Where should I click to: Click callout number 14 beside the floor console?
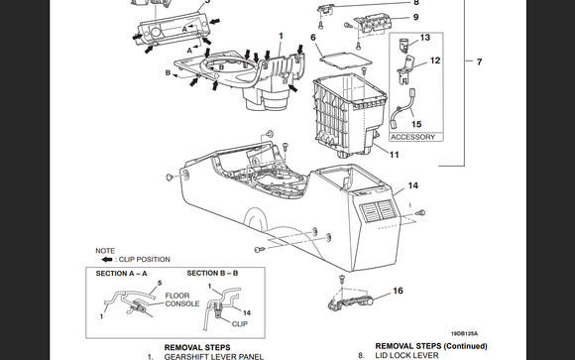point(413,185)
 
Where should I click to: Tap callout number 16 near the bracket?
point(398,291)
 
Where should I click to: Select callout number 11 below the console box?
point(394,155)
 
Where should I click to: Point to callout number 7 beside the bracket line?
point(479,62)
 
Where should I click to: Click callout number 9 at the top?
point(415,17)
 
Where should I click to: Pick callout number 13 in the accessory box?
point(425,38)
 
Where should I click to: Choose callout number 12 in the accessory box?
point(435,60)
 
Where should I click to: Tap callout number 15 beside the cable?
point(416,124)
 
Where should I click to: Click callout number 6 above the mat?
point(313,38)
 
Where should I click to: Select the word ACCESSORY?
point(412,137)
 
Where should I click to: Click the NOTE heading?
point(105,251)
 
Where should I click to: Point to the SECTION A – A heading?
point(121,274)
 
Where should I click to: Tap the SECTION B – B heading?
point(212,273)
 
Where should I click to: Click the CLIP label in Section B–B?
point(240,324)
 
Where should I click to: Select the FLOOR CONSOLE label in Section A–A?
point(182,300)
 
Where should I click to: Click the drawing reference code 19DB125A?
point(464,334)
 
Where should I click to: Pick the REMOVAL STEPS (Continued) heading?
point(431,346)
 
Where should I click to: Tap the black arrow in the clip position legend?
point(107,260)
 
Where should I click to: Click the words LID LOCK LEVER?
point(406,355)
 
